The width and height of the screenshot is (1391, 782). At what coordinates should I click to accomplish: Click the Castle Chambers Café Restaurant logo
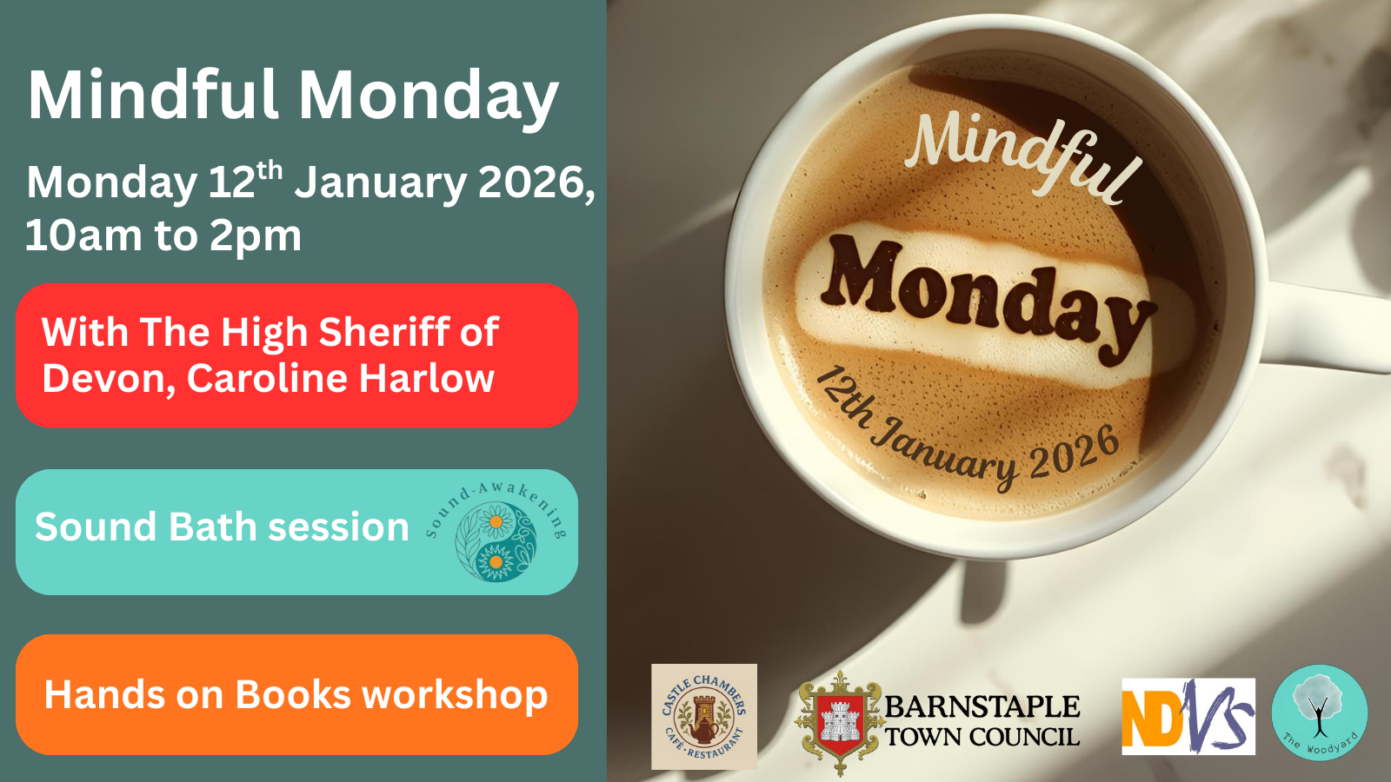704,716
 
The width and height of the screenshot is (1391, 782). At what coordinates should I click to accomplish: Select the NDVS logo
1188,716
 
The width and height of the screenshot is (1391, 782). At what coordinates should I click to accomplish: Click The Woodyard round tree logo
1320,712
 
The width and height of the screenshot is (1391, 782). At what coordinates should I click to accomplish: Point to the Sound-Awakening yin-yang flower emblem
496,541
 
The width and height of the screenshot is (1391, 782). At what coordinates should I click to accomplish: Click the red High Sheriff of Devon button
296,355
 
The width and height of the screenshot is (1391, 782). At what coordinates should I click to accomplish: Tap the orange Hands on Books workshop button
296,694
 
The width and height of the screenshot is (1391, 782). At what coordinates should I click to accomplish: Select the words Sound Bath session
222,527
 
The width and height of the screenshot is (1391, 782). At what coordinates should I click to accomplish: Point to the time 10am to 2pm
163,236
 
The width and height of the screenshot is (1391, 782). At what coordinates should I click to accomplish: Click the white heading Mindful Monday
293,96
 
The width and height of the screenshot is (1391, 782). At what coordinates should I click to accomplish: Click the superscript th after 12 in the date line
270,169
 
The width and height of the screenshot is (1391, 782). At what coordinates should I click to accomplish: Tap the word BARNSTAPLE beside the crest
982,707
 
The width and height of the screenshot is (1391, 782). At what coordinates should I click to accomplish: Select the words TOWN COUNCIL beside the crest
982,737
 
